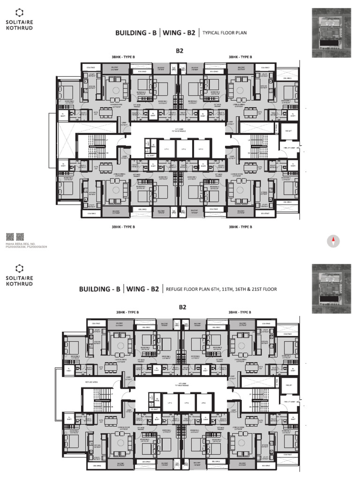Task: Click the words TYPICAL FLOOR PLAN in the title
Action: [x=225, y=33]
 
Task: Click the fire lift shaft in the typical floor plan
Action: [x=289, y=132]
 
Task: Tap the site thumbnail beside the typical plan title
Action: [x=331, y=32]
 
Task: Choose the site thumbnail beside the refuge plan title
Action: [x=331, y=288]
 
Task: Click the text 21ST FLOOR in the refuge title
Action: [x=264, y=289]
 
